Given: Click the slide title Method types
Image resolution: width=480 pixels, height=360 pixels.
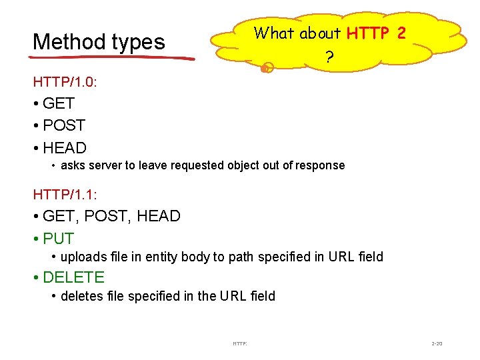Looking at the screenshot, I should (x=99, y=42).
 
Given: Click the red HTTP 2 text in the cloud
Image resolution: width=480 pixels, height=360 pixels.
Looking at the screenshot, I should (x=376, y=33).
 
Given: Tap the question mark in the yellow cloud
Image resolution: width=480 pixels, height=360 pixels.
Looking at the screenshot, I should (x=329, y=58).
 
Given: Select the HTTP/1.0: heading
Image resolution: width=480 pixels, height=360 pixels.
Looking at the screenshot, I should (x=64, y=82).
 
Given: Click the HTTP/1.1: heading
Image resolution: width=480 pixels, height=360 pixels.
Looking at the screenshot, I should (x=64, y=194).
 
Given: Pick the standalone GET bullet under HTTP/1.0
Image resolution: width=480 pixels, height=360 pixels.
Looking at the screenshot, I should (x=58, y=103).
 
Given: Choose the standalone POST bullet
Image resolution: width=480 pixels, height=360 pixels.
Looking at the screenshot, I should (x=63, y=125).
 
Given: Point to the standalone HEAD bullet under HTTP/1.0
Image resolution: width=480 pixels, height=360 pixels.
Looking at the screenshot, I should (x=64, y=148).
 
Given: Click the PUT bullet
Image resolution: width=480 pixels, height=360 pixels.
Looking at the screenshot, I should (x=58, y=238).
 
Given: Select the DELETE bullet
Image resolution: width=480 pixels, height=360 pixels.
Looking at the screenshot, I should (x=73, y=277).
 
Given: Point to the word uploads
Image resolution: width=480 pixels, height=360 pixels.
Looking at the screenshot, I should (x=81, y=257).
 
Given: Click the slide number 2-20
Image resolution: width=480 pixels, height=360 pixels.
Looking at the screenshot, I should (x=437, y=344).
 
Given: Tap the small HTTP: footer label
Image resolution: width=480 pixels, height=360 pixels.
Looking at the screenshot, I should (x=240, y=344).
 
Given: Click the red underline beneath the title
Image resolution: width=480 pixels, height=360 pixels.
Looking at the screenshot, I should (x=113, y=58).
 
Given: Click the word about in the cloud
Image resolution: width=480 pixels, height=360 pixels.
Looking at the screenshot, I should (x=320, y=33).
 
